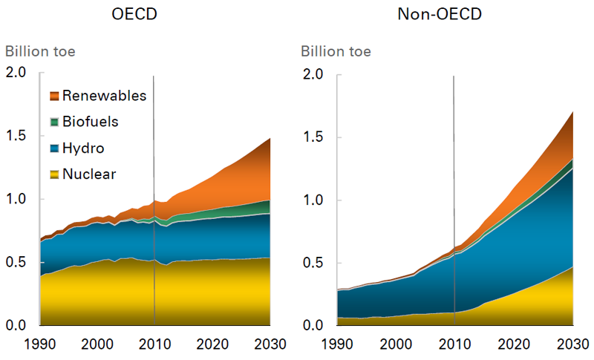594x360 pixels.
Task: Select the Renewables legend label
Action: pyautogui.click(x=104, y=96)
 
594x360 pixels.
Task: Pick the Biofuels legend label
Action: pyautogui.click(x=91, y=122)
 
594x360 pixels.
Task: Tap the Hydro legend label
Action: pyautogui.click(x=83, y=148)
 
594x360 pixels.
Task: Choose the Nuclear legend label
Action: pyautogui.click(x=90, y=174)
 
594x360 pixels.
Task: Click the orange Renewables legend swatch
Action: pyautogui.click(x=53, y=96)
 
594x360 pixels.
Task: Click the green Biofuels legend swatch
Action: pyautogui.click(x=53, y=122)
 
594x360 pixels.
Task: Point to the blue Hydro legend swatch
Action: pyautogui.click(x=53, y=148)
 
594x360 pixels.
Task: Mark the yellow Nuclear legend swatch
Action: pyautogui.click(x=53, y=174)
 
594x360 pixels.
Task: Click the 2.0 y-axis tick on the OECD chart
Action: pyautogui.click(x=16, y=73)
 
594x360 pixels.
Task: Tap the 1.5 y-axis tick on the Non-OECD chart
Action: pyautogui.click(x=313, y=137)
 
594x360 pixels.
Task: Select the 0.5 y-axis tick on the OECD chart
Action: pyautogui.click(x=16, y=263)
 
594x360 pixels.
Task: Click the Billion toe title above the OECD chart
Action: pyautogui.click(x=40, y=52)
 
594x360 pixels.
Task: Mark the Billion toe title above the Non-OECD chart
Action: pyautogui.click(x=336, y=52)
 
